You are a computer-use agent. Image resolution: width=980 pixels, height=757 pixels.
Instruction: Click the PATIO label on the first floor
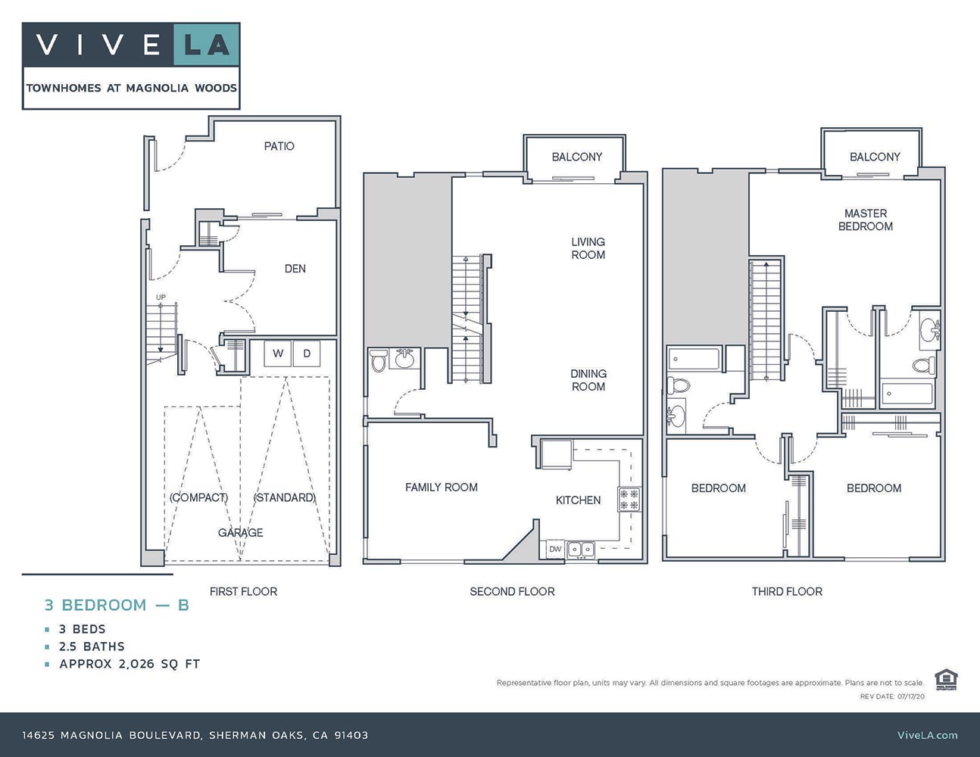click(x=279, y=146)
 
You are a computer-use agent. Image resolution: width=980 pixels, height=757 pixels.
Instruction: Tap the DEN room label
click(x=295, y=269)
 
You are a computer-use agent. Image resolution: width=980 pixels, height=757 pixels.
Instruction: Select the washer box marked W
click(x=278, y=354)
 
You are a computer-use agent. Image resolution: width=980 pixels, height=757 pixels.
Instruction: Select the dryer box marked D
click(x=307, y=354)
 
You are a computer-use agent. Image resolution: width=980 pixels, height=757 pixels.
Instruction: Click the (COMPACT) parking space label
click(x=199, y=497)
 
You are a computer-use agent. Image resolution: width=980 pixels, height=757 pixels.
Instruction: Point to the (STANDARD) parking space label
click(x=284, y=497)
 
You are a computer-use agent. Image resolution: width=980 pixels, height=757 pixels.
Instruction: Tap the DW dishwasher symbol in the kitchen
click(x=555, y=549)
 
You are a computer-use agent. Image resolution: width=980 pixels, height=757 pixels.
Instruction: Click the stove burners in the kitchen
click(x=629, y=499)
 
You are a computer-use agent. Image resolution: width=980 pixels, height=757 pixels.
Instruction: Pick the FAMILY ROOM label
click(x=441, y=488)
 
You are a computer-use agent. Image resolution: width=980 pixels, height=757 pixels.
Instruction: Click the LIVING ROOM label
click(x=588, y=248)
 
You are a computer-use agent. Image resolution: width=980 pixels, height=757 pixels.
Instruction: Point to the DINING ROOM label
click(x=588, y=380)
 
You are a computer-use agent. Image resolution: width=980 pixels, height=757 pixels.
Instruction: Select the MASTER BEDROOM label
click(x=865, y=220)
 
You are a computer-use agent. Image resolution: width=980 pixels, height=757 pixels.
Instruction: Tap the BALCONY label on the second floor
click(x=576, y=157)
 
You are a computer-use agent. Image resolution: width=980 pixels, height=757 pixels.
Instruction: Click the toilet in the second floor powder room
click(x=379, y=362)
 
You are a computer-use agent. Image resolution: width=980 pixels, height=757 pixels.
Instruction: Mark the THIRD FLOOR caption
click(x=787, y=591)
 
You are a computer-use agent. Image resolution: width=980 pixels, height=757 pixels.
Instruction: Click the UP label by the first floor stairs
click(x=161, y=297)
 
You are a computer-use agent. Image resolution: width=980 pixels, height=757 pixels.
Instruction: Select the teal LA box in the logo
click(x=207, y=45)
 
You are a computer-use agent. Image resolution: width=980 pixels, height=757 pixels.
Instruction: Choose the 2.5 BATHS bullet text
click(x=92, y=646)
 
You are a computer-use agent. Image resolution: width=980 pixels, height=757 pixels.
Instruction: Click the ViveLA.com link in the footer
click(x=927, y=735)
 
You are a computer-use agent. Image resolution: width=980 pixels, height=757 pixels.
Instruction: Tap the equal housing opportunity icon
click(x=944, y=679)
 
